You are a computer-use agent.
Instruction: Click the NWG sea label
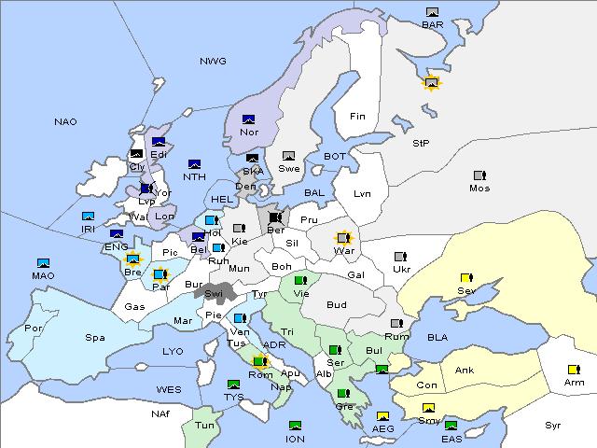[x=213, y=62]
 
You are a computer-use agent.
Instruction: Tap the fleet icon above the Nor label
[x=249, y=119]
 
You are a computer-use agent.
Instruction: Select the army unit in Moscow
[x=479, y=175]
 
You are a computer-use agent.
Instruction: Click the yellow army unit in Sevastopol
[x=466, y=278]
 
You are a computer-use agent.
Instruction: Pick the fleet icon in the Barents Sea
[x=432, y=12]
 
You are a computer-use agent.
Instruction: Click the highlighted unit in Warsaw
[x=344, y=238]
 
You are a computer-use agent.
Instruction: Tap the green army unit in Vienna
[x=300, y=280]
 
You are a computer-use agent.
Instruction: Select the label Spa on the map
[x=95, y=338]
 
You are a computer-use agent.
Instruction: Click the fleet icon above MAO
[x=43, y=263]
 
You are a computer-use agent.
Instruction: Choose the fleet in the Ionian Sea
[x=296, y=426]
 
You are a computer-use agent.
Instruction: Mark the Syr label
[x=553, y=425]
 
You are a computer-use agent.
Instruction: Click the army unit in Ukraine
[x=401, y=257]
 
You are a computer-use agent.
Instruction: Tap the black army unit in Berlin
[x=275, y=217]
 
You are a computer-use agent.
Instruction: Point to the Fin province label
[x=356, y=117]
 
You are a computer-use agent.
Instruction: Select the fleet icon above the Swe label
[x=289, y=156]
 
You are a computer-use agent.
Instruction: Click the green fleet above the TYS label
[x=233, y=385]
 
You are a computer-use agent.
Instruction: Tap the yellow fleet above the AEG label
[x=382, y=416]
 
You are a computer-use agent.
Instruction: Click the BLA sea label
[x=438, y=337]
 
